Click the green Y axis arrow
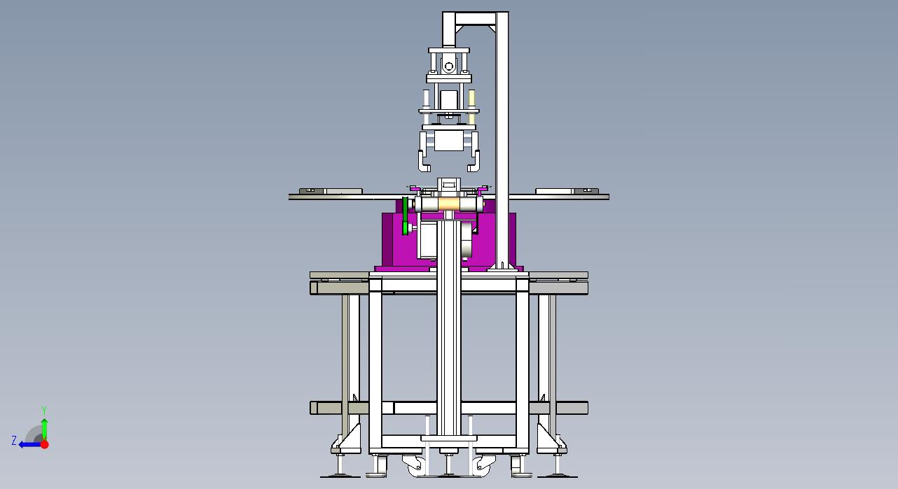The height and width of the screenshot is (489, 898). [x=45, y=430]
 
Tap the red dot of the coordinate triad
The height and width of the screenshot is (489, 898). [x=45, y=444]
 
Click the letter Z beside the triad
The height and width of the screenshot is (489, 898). [x=14, y=441]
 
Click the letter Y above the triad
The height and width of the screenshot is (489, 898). [x=44, y=410]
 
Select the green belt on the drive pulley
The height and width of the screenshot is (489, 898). [x=406, y=216]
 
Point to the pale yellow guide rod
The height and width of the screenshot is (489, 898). [x=472, y=107]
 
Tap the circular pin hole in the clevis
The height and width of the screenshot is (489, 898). [x=448, y=66]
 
